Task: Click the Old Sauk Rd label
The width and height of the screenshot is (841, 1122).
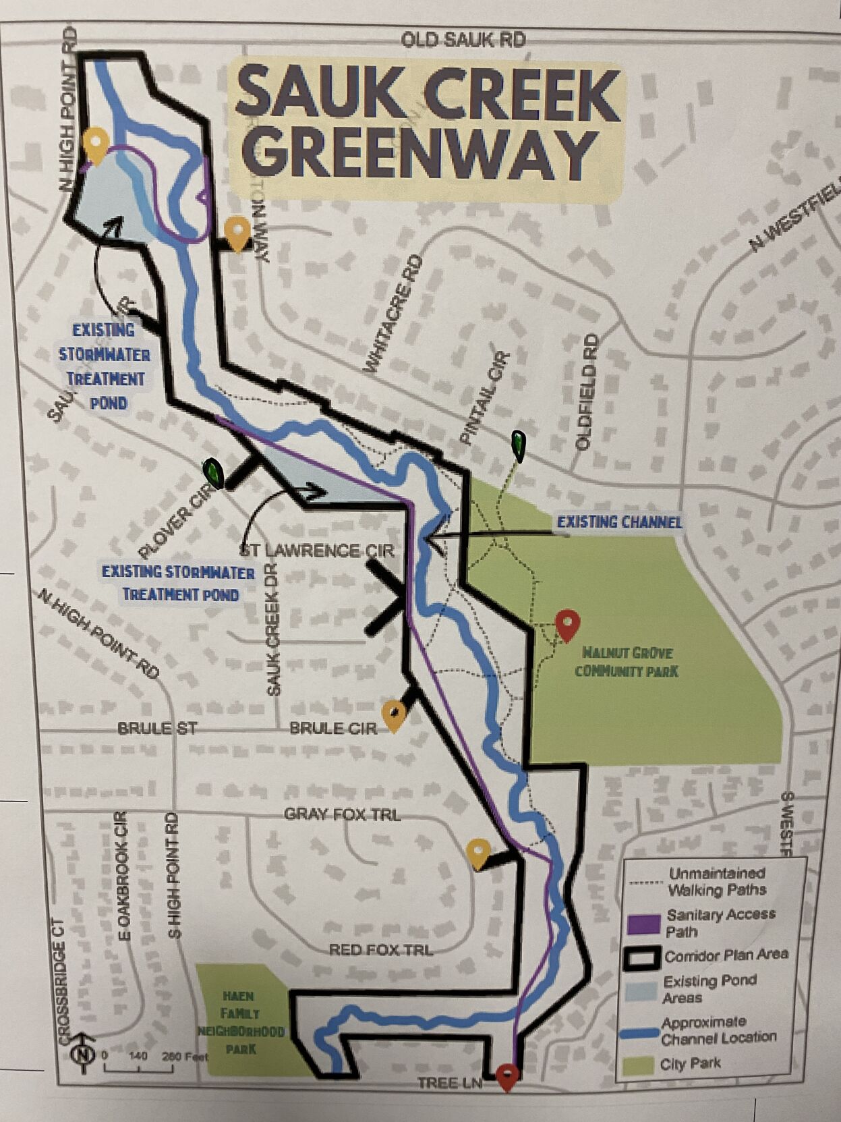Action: (463, 40)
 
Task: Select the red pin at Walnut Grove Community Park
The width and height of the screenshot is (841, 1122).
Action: (567, 624)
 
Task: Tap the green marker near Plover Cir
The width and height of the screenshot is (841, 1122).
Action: (214, 472)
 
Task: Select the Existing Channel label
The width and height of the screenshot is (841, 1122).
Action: (618, 522)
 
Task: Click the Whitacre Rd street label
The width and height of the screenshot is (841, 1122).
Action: (394, 314)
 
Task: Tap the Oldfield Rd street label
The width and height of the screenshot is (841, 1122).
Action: (586, 391)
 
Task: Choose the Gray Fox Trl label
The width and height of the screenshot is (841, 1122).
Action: (342, 814)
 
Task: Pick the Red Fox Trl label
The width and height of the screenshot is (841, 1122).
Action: (380, 949)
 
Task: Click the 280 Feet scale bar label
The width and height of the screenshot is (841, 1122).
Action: (184, 1056)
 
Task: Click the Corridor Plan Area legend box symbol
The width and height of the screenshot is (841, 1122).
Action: (641, 957)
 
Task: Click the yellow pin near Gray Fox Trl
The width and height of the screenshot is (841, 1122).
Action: (477, 852)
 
